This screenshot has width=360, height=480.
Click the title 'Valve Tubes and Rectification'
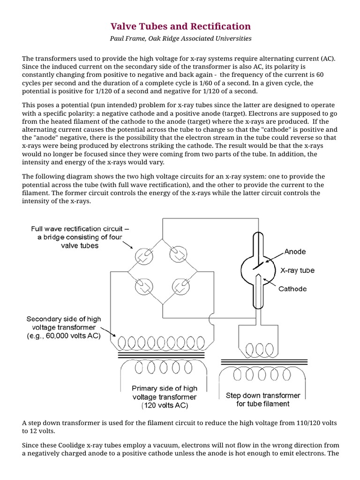click(x=180, y=26)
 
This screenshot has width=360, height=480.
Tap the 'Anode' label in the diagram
click(x=295, y=252)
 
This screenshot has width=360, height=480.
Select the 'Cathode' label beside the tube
click(x=292, y=289)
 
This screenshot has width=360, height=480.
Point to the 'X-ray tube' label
click(x=297, y=270)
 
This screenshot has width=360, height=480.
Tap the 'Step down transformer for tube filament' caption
click(x=262, y=399)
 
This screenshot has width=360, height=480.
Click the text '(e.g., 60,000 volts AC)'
click(x=63, y=336)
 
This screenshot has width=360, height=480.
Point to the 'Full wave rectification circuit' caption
click(x=79, y=229)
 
